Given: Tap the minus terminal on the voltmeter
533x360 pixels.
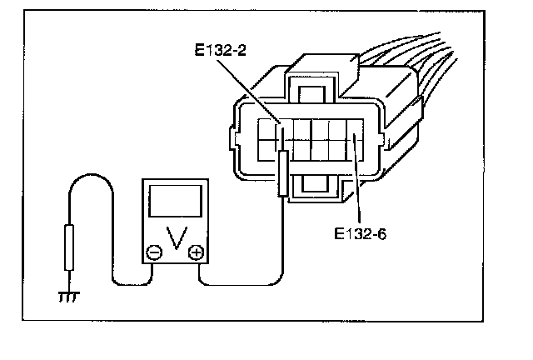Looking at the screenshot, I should point(155,252).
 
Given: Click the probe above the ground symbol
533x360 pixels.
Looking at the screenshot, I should point(69,246).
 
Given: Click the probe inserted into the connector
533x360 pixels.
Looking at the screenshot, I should point(283,171).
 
